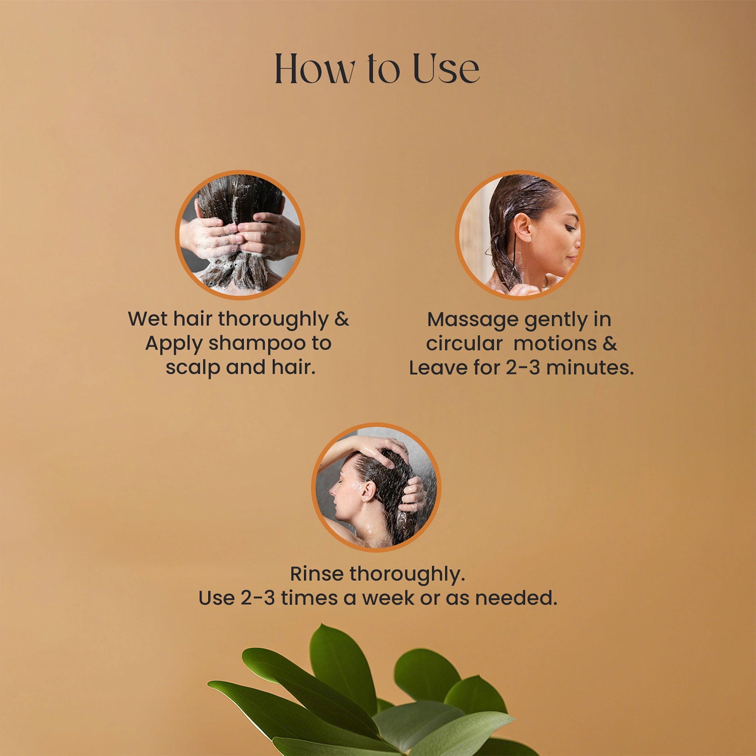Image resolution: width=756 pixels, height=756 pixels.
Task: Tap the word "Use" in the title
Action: tap(446, 69)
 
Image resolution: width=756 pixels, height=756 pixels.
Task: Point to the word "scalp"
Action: tap(192, 367)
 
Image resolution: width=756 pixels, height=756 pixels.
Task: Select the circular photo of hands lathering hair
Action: tap(240, 235)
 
